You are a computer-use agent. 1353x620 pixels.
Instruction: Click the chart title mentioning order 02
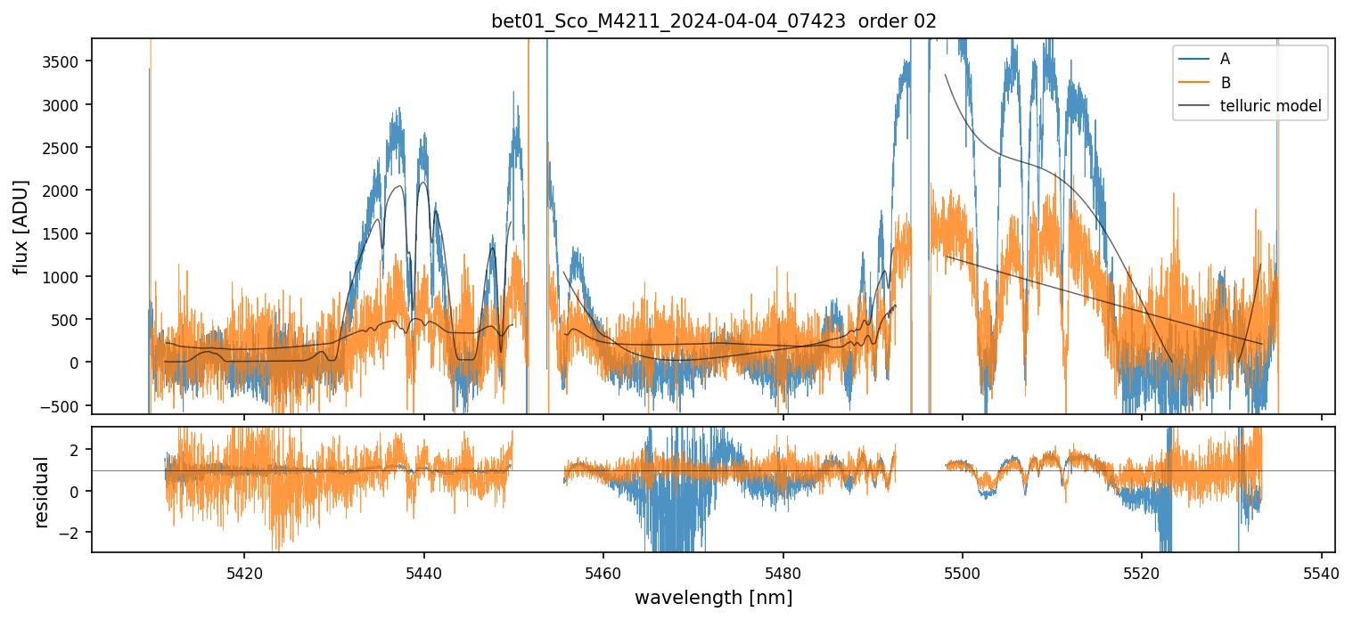click(x=714, y=21)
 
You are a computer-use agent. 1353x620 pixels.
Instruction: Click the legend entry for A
click(x=1225, y=59)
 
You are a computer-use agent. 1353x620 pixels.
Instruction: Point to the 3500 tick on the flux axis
click(x=66, y=61)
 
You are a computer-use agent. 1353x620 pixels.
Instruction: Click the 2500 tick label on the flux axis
click(x=66, y=148)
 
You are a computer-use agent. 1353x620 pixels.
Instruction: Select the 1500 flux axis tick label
click(x=66, y=233)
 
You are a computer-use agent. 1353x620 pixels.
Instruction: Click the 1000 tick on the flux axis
click(x=66, y=277)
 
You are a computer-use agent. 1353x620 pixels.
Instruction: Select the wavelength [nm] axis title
click(x=713, y=597)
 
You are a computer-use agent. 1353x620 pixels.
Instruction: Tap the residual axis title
click(x=41, y=492)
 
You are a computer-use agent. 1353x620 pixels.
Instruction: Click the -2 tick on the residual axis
click(x=75, y=533)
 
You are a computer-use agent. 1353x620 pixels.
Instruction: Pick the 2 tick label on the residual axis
click(x=78, y=450)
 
